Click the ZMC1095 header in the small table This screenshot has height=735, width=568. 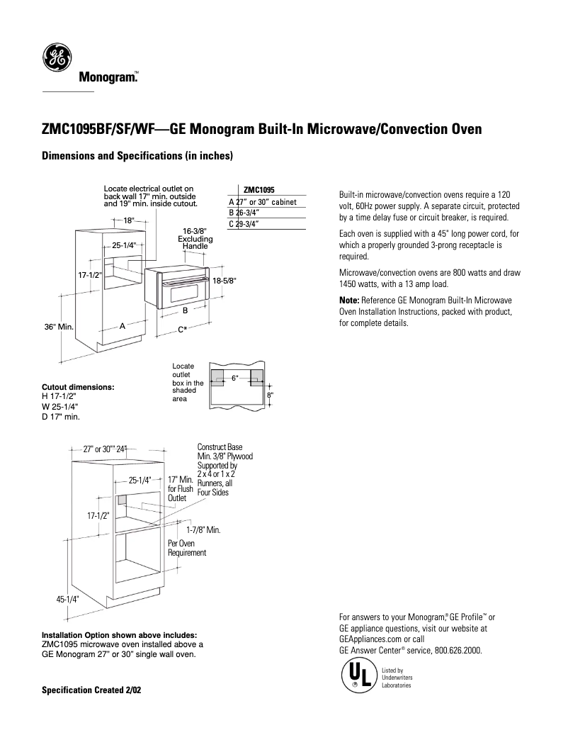point(259,190)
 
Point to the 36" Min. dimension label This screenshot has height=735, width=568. point(59,327)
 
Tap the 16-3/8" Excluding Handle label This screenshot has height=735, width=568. point(195,239)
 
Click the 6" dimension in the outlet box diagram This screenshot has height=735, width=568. point(234,378)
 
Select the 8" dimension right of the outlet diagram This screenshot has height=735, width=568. point(270,394)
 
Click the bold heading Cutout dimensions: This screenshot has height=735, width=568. point(78,388)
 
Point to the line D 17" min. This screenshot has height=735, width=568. point(61,417)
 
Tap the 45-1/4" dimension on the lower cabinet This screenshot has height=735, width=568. point(67,599)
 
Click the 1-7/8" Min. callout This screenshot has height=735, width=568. point(203,529)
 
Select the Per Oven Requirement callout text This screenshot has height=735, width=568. point(186,548)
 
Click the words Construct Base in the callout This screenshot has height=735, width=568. point(220,447)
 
